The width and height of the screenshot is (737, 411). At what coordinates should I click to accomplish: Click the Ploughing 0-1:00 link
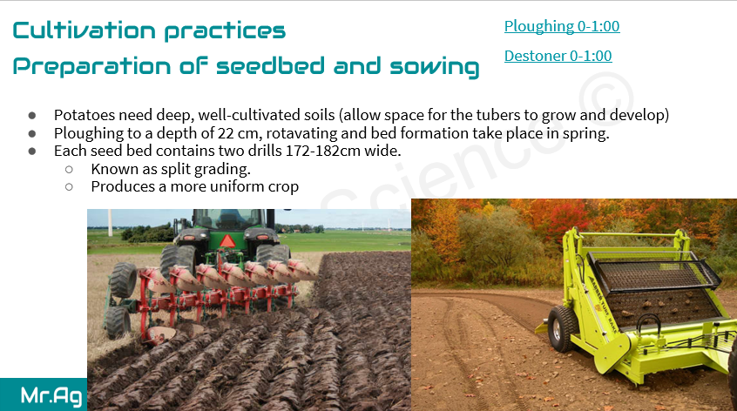point(562,26)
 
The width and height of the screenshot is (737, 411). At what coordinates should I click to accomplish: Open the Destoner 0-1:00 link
point(558,56)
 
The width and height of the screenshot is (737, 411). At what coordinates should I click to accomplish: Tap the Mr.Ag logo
point(51,395)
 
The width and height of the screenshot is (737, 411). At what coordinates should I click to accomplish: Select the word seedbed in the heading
point(270,66)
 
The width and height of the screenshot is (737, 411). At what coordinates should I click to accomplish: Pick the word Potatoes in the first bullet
point(85,115)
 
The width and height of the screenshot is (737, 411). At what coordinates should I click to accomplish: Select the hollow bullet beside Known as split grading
point(69,169)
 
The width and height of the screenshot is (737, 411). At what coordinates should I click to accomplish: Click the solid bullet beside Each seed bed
point(32,152)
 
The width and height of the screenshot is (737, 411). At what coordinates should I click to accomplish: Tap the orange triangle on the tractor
point(228,241)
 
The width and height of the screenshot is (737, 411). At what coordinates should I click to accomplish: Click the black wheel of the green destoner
point(562,328)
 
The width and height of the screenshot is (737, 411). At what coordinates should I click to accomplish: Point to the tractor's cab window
point(229,219)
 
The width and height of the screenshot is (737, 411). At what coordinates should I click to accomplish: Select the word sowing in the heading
point(435,67)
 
